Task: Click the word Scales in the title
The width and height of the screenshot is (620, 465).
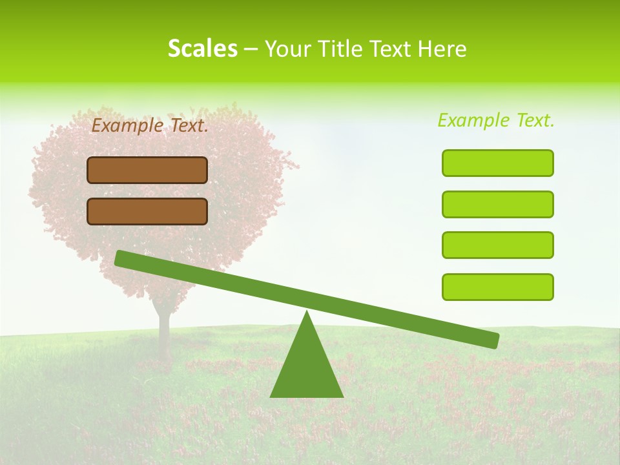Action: tap(202, 48)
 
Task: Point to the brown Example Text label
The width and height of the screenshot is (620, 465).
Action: tap(150, 126)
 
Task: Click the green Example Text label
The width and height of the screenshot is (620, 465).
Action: tap(496, 120)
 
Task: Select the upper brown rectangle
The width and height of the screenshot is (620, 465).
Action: tap(147, 170)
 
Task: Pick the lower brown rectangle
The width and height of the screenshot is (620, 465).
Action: tap(147, 211)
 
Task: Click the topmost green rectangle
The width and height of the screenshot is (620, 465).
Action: tap(497, 163)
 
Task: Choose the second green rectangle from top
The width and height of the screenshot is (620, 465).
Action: tap(497, 204)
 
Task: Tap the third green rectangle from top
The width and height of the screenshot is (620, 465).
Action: tap(497, 245)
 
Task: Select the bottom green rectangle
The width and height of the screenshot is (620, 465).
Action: tap(497, 287)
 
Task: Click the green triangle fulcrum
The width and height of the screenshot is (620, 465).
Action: tap(307, 368)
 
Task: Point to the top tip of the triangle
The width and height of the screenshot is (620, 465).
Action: tap(307, 313)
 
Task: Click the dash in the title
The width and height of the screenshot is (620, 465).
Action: tap(251, 50)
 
